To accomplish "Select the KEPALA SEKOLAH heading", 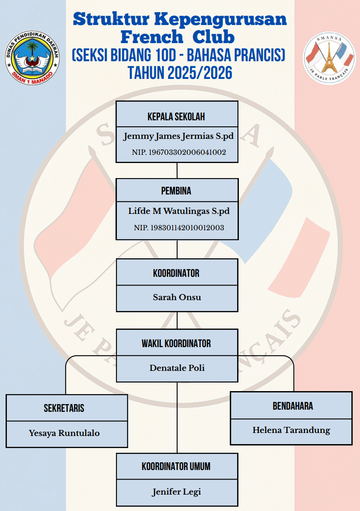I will (176, 117).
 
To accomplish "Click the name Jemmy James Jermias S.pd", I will (178, 137).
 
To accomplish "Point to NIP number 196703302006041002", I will (179, 152).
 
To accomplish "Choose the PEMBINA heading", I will (176, 191).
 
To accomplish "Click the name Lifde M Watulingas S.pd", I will (178, 211).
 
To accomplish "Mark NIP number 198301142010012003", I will (179, 228).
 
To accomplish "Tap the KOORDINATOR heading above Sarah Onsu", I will (176, 273).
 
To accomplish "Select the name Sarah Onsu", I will (177, 298).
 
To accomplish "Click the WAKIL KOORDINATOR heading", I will (176, 344).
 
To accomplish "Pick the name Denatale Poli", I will (177, 368).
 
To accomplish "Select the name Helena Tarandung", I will (291, 430).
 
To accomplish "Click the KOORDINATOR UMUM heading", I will (176, 467).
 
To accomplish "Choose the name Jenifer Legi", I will (176, 492).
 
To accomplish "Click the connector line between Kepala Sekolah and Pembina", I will (177, 170).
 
